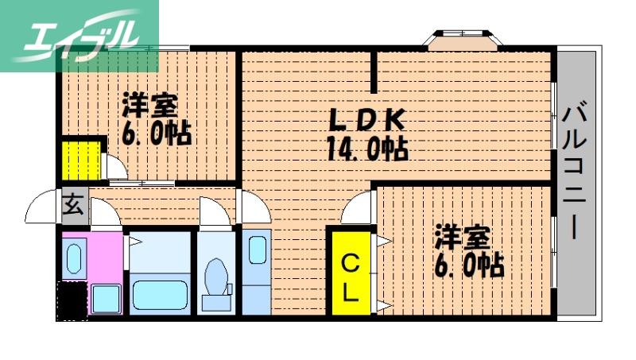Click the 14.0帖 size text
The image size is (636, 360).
point(366,149)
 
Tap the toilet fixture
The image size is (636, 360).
point(215,279)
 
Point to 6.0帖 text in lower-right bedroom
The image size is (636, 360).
point(468,265)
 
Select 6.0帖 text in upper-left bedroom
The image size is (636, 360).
point(156,134)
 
